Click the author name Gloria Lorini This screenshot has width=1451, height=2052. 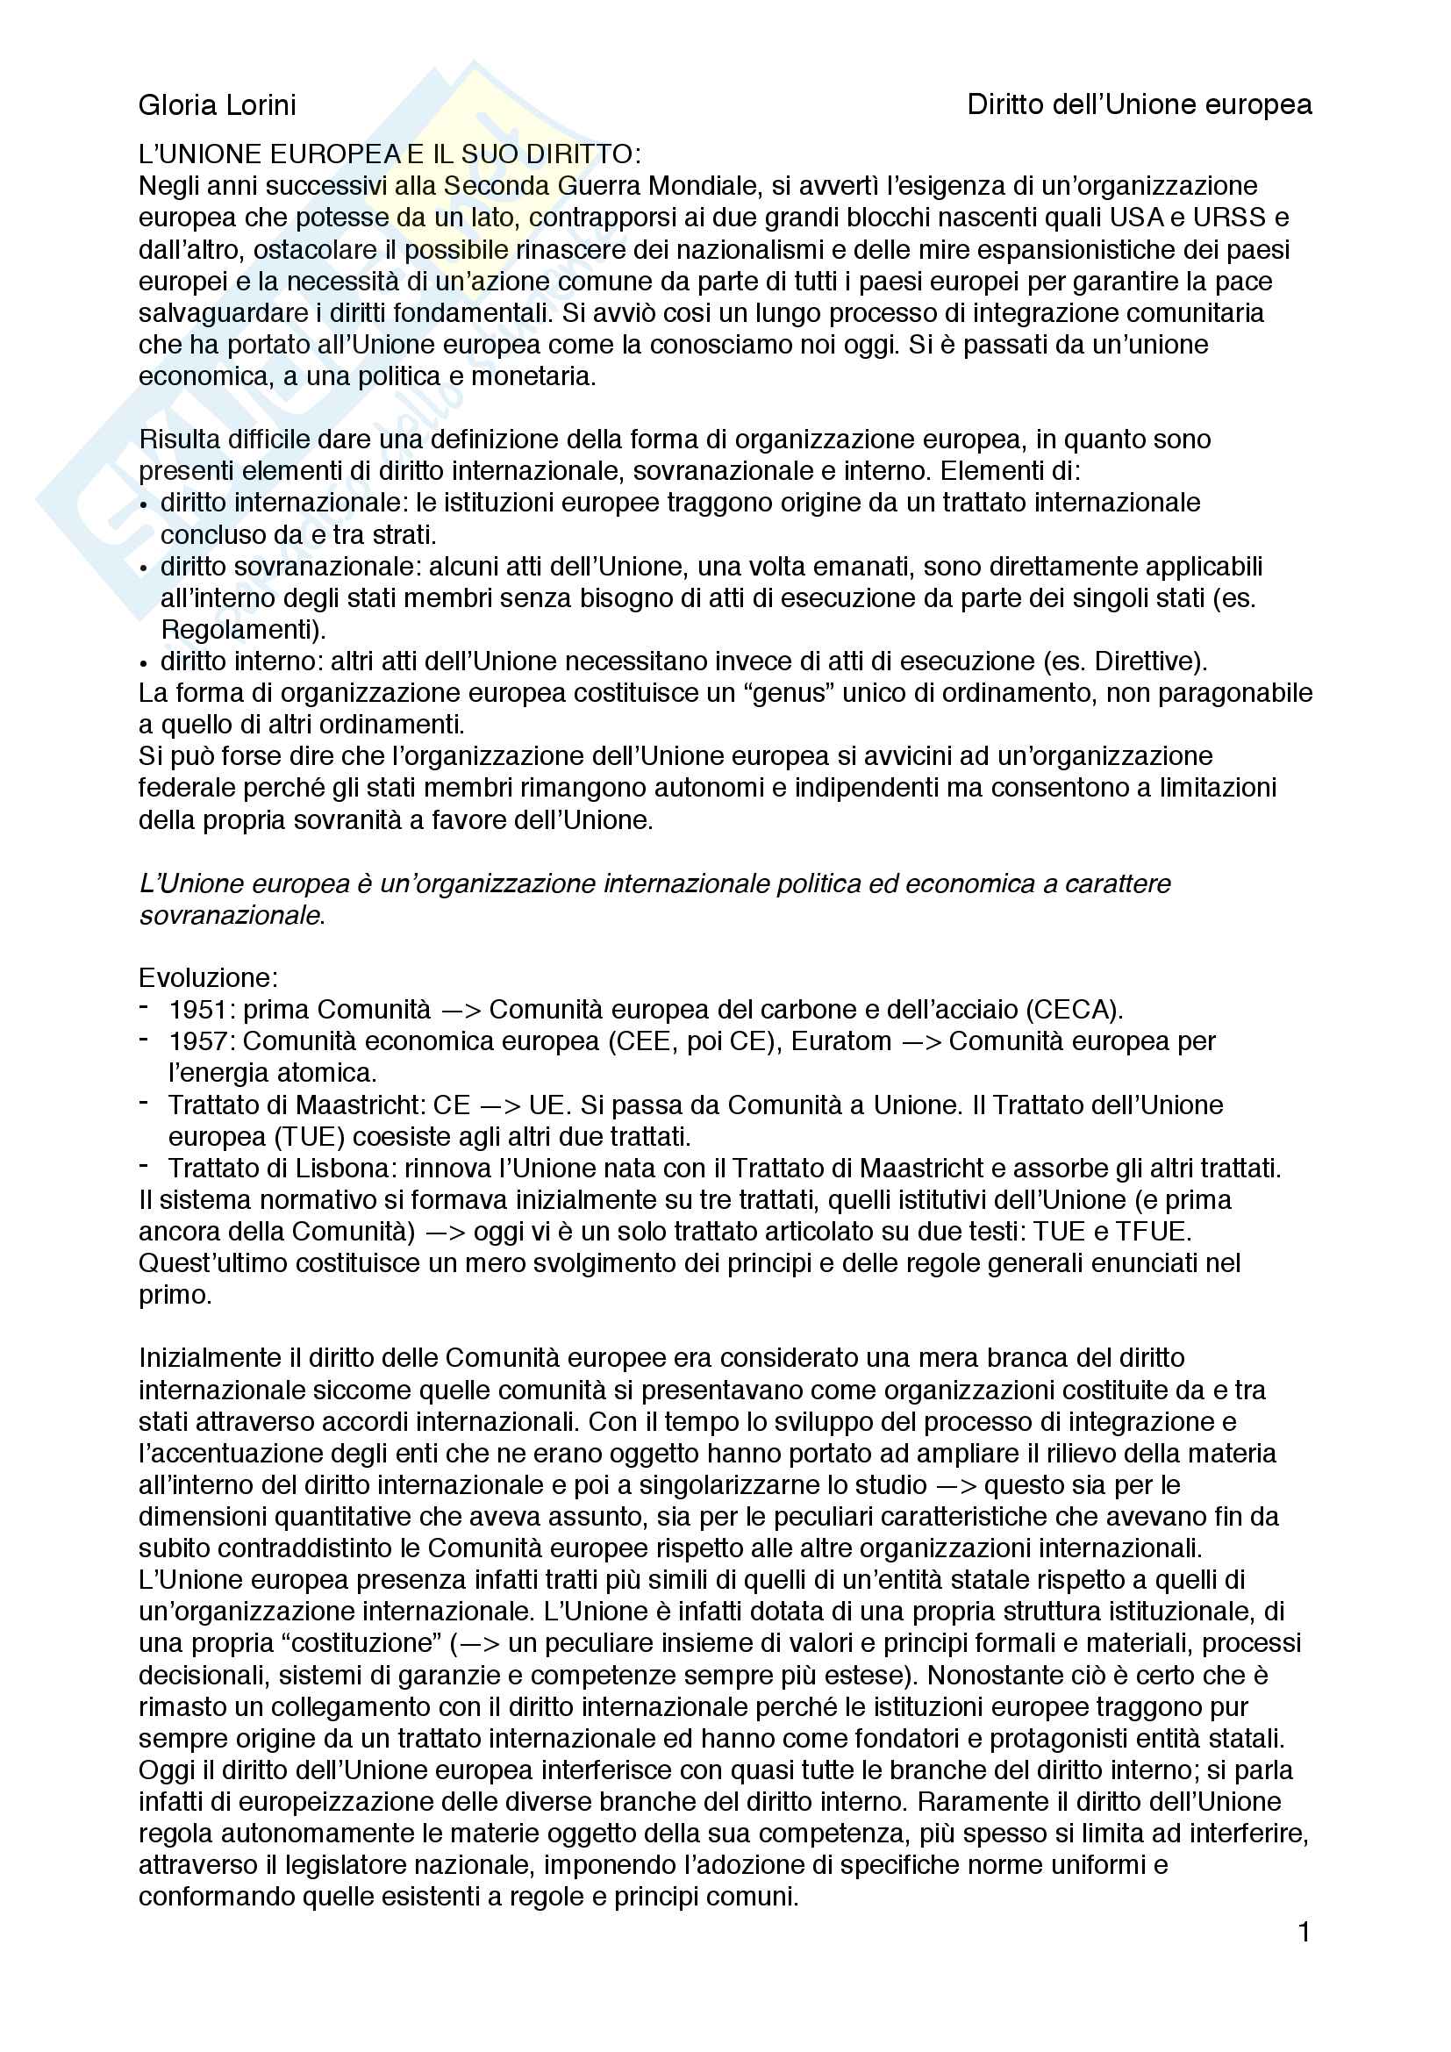point(217,105)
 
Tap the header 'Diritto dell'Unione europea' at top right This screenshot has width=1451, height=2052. point(1140,105)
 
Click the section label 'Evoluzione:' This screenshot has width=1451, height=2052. point(208,977)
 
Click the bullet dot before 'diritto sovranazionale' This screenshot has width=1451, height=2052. point(145,568)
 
